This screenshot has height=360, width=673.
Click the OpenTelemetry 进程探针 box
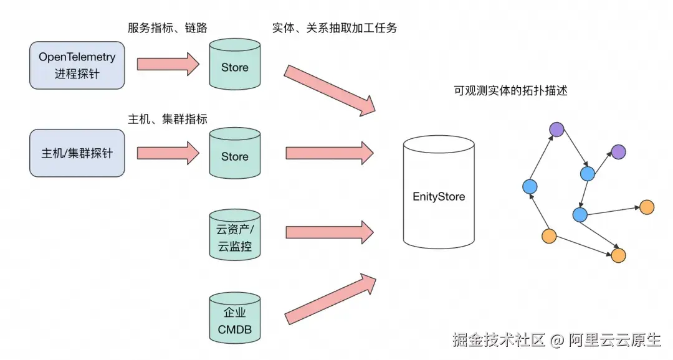pos(77,65)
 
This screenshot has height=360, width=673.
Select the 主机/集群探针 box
pos(77,153)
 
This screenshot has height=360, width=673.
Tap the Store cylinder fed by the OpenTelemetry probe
pos(234,65)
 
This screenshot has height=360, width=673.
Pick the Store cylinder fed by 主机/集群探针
pos(234,154)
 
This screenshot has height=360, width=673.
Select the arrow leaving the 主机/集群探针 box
pos(167,153)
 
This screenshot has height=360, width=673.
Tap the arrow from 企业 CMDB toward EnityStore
pos(330,298)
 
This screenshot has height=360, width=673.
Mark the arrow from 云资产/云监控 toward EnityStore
pos(328,232)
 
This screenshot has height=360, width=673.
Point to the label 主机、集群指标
pos(167,119)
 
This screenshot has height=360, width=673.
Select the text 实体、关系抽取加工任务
pos(335,28)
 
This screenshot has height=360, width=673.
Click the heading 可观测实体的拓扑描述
pos(510,90)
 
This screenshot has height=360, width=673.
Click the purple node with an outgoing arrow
pos(556,129)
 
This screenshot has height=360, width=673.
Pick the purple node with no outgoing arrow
pos(618,151)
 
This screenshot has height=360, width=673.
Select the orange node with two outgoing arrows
pos(549,236)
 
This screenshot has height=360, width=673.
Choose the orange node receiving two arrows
pos(618,255)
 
